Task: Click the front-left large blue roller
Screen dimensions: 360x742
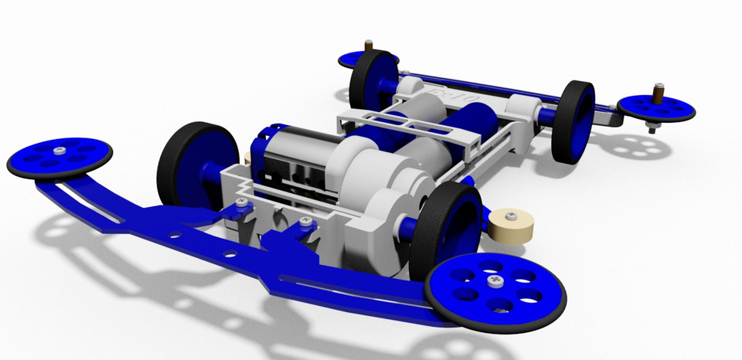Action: coord(60,157)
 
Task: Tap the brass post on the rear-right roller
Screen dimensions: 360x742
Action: coord(659,93)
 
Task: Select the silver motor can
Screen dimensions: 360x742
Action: coord(294,163)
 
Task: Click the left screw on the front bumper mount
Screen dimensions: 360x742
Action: coord(243,202)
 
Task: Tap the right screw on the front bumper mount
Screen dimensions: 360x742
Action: coord(306,222)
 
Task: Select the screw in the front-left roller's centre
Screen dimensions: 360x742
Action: coord(60,151)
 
